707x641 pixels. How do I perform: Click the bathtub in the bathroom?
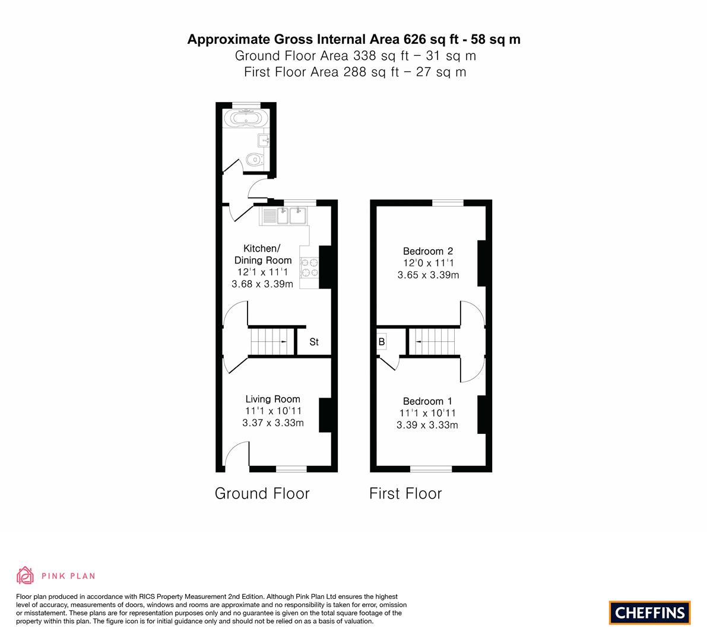pyautogui.click(x=245, y=119)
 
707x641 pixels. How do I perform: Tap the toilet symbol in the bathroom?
pyautogui.click(x=255, y=159)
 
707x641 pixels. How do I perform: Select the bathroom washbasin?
pyautogui.click(x=264, y=141)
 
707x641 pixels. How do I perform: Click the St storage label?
pyautogui.click(x=314, y=342)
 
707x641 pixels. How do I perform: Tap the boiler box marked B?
pyautogui.click(x=382, y=342)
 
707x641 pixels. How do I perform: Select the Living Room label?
pyautogui.click(x=273, y=399)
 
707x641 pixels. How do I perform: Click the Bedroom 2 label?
pyautogui.click(x=428, y=251)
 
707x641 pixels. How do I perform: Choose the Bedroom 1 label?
pyautogui.click(x=427, y=401)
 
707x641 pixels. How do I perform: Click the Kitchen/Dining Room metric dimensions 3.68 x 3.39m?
pyautogui.click(x=262, y=284)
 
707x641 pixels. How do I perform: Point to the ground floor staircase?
pyautogui.click(x=271, y=342)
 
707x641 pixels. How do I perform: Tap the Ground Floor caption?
pyautogui.click(x=262, y=494)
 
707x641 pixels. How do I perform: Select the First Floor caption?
pyautogui.click(x=405, y=494)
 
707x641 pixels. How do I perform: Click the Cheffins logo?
pyautogui.click(x=650, y=613)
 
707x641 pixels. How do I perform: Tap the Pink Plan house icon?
pyautogui.click(x=26, y=576)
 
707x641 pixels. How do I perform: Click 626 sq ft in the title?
pyautogui.click(x=430, y=40)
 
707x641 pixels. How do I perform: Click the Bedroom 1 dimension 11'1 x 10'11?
pyautogui.click(x=427, y=413)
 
